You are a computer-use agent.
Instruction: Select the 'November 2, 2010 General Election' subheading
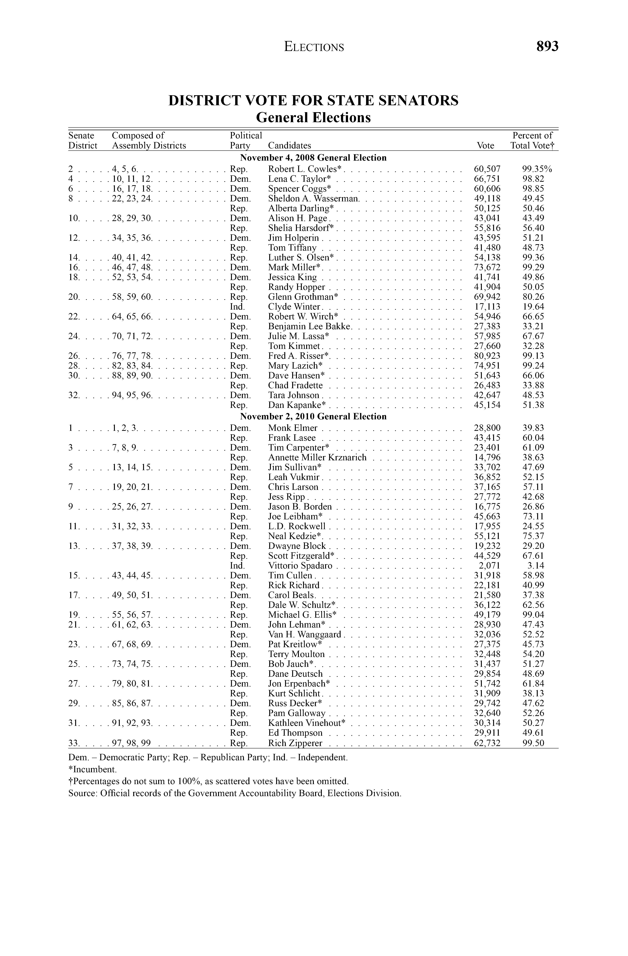(x=313, y=417)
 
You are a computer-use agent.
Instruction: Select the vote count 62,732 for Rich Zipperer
(x=487, y=743)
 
